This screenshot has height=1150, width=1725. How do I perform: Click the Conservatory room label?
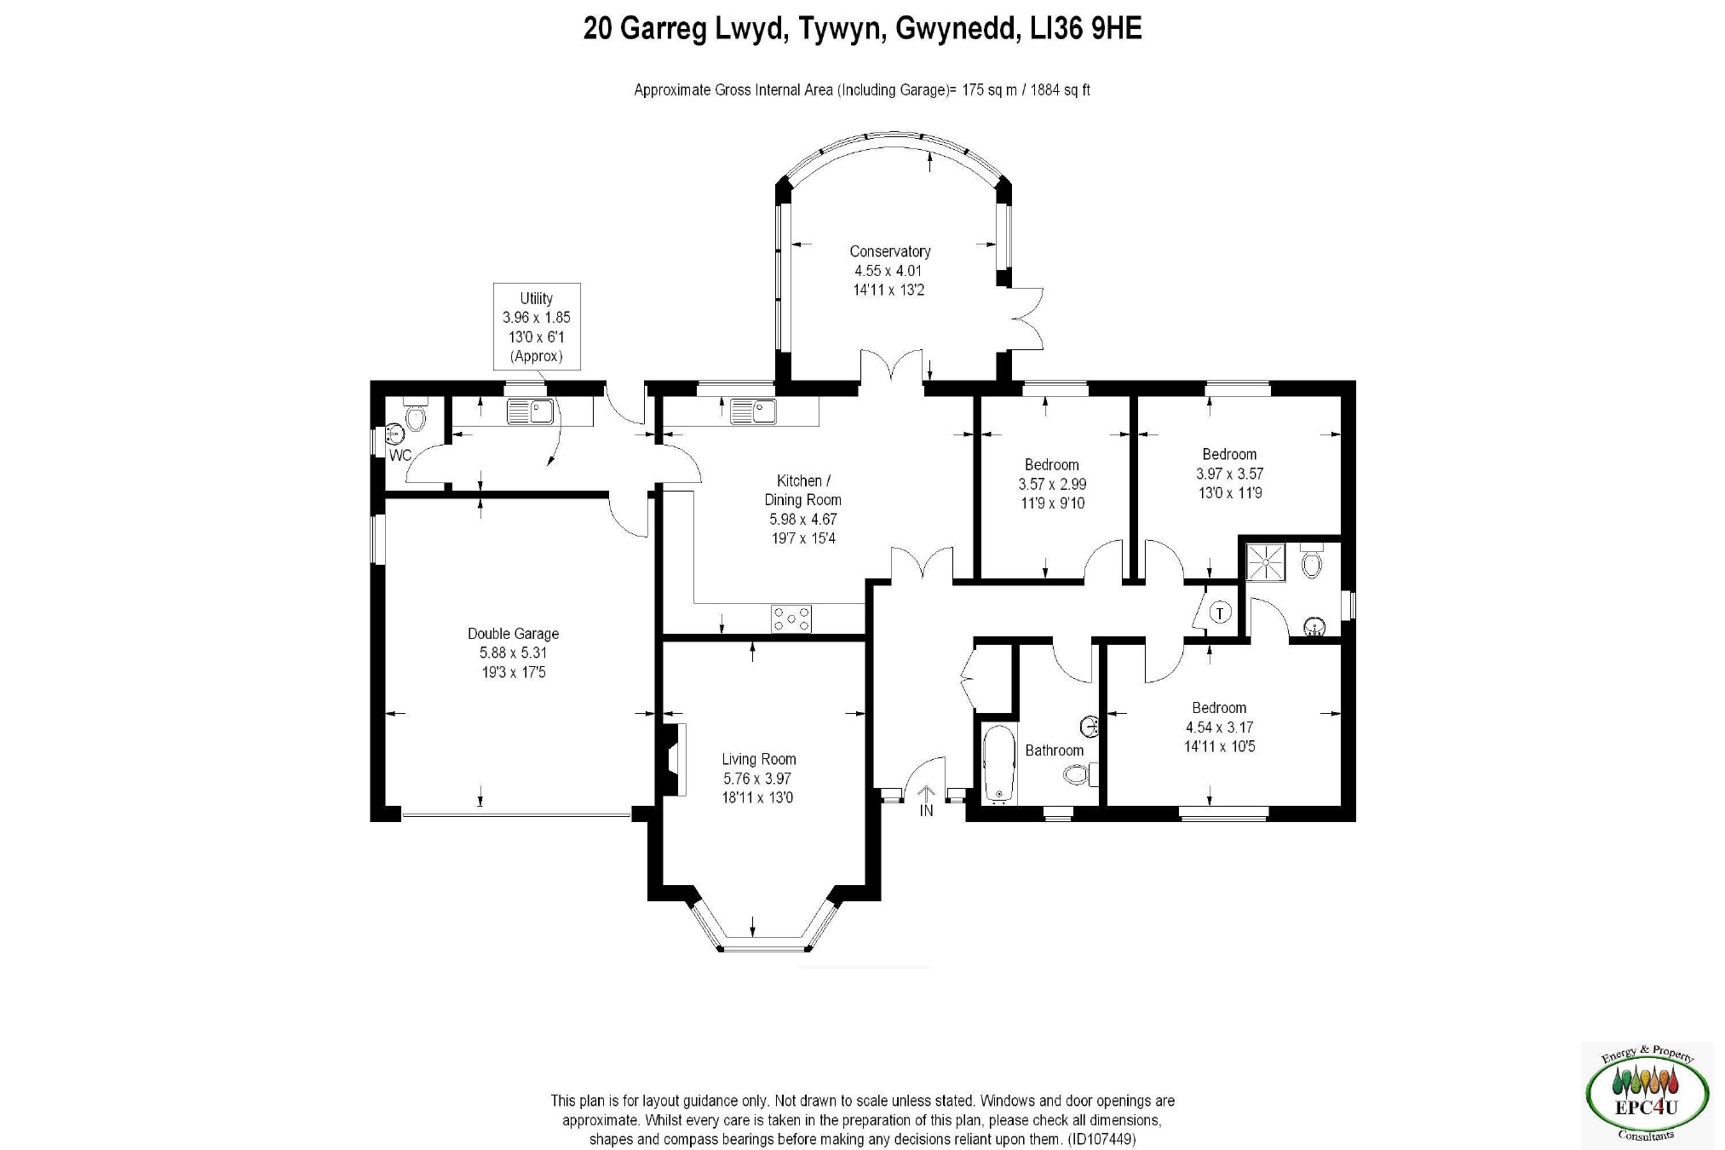(889, 251)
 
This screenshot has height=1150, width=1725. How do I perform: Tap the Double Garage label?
(513, 634)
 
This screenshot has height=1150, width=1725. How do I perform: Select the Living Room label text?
(758, 760)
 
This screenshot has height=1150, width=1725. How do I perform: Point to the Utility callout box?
(537, 327)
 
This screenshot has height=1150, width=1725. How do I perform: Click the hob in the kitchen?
(791, 618)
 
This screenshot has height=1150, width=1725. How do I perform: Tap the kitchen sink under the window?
(752, 411)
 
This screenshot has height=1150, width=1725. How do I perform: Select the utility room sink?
(530, 412)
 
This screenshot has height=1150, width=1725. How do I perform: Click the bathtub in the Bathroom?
(999, 764)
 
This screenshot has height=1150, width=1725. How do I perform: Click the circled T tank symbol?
(1221, 612)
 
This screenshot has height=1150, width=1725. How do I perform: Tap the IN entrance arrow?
(926, 801)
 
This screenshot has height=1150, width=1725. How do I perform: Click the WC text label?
(400, 456)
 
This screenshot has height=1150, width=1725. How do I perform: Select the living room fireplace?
(675, 760)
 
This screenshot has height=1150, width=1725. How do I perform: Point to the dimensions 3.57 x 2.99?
(1052, 484)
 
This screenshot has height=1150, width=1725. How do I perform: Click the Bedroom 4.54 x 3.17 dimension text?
(1219, 727)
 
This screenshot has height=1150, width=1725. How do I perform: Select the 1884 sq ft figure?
(1061, 90)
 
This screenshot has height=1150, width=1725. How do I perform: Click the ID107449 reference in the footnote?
(1101, 1139)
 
